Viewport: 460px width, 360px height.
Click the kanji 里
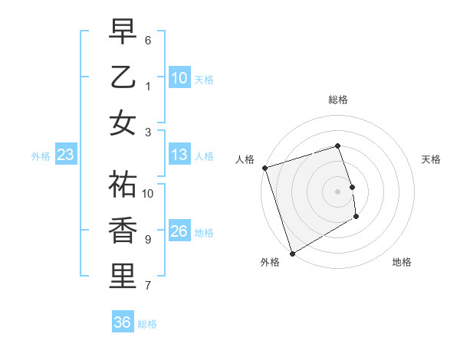pos(123,277)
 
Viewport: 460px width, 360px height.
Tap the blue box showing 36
pos(122,322)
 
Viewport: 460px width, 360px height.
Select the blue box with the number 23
pos(65,155)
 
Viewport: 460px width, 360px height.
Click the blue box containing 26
pos(179,231)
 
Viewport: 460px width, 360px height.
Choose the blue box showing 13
pos(179,155)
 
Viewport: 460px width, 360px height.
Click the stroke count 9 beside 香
pos(147,240)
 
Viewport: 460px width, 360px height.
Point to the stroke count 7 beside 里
pos(147,286)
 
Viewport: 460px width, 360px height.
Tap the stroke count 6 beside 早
pos(147,40)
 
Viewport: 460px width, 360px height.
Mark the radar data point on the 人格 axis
pos(264,168)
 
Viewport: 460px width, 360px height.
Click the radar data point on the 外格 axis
pos(292,253)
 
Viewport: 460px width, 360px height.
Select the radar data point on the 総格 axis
pos(337,146)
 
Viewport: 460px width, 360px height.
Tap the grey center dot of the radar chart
pos(337,191)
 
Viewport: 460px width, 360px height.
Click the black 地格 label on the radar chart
pos(402,263)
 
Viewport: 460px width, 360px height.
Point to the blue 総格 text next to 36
pos(147,324)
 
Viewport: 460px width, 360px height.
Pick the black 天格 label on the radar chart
pos(431,159)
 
